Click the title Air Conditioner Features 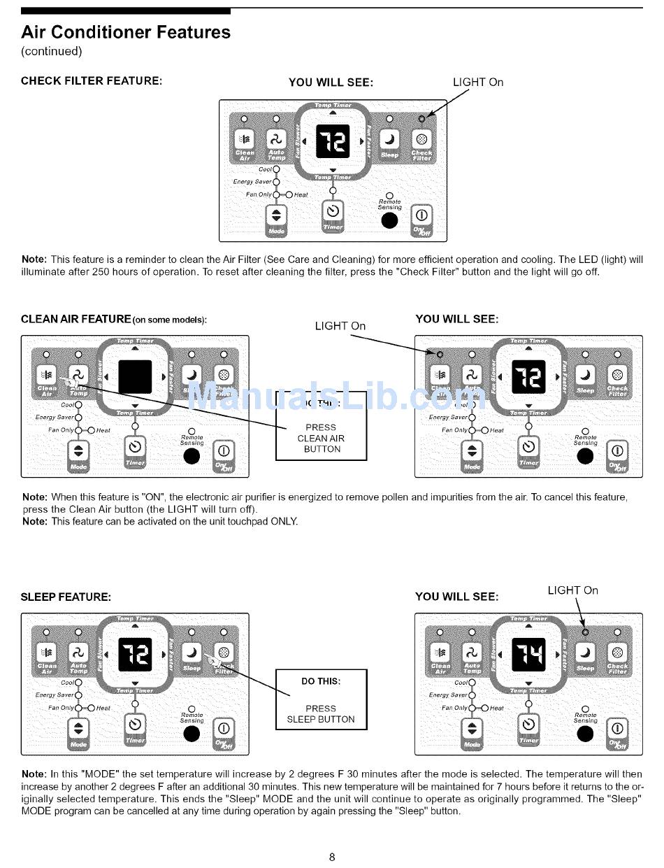[126, 32]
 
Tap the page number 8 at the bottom [332, 857]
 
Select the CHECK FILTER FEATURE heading [92, 80]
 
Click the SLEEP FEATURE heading [66, 597]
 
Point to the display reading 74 [528, 655]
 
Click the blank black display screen [135, 378]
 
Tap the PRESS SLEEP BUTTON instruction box [322, 699]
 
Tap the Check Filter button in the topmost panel [421, 144]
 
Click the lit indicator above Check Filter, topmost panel [421, 118]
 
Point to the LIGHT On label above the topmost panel [478, 82]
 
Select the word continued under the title [52, 51]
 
